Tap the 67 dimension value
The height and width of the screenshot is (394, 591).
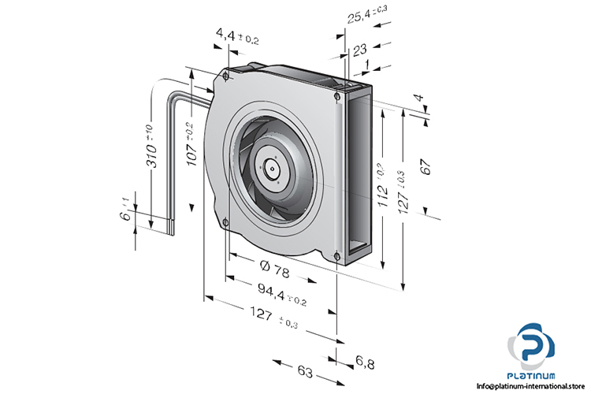[426, 166]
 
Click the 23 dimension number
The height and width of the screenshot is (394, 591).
[361, 50]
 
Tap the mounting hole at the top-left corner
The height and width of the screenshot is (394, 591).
[226, 76]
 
